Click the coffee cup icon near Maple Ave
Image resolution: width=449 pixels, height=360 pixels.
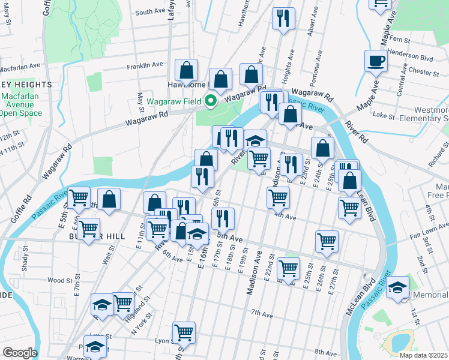376,61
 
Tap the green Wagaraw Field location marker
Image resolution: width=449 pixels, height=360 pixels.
211,100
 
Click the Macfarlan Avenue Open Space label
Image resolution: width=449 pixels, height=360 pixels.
21,104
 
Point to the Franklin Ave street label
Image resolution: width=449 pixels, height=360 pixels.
145,65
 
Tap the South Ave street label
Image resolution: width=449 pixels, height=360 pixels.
149,12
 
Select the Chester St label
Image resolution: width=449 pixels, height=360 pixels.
423,72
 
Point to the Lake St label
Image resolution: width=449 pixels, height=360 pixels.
382,115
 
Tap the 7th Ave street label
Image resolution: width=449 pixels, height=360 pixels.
262,314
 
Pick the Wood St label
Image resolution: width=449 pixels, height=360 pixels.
59,280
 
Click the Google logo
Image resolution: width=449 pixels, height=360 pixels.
19,353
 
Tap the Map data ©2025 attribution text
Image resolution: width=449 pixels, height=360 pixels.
424,355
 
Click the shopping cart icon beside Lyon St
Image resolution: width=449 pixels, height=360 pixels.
184,332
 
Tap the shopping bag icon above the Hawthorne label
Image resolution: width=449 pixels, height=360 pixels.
187,70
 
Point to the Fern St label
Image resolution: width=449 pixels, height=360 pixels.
400,40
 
